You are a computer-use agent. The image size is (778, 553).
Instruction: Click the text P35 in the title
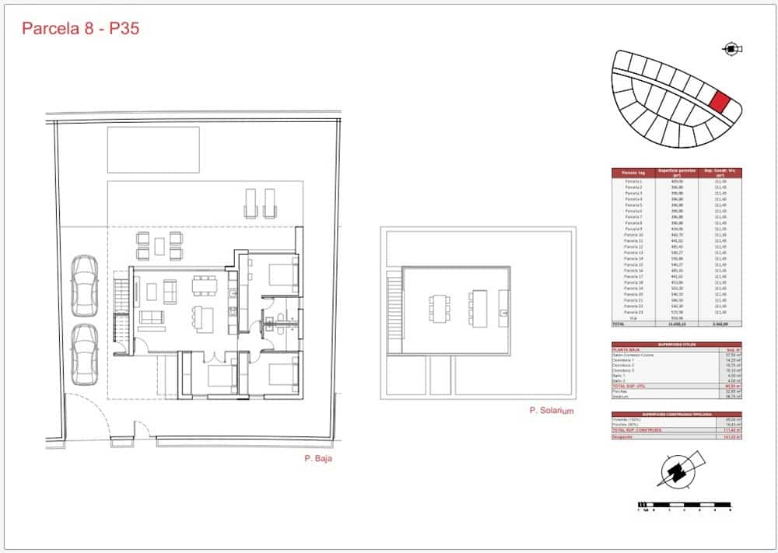coord(124,30)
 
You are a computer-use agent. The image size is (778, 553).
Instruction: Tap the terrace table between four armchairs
coord(159,247)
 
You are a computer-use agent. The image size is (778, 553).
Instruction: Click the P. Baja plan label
coord(319,459)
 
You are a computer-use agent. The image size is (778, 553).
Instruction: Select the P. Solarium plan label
coord(551,411)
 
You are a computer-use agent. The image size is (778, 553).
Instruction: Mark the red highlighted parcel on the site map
coord(720,102)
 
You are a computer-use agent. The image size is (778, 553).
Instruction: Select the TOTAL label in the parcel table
coord(619,324)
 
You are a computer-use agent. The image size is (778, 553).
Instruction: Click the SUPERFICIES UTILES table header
coord(676,345)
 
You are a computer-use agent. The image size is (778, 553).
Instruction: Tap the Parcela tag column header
coord(634,173)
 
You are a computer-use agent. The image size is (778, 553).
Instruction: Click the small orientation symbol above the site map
coord(732,50)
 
